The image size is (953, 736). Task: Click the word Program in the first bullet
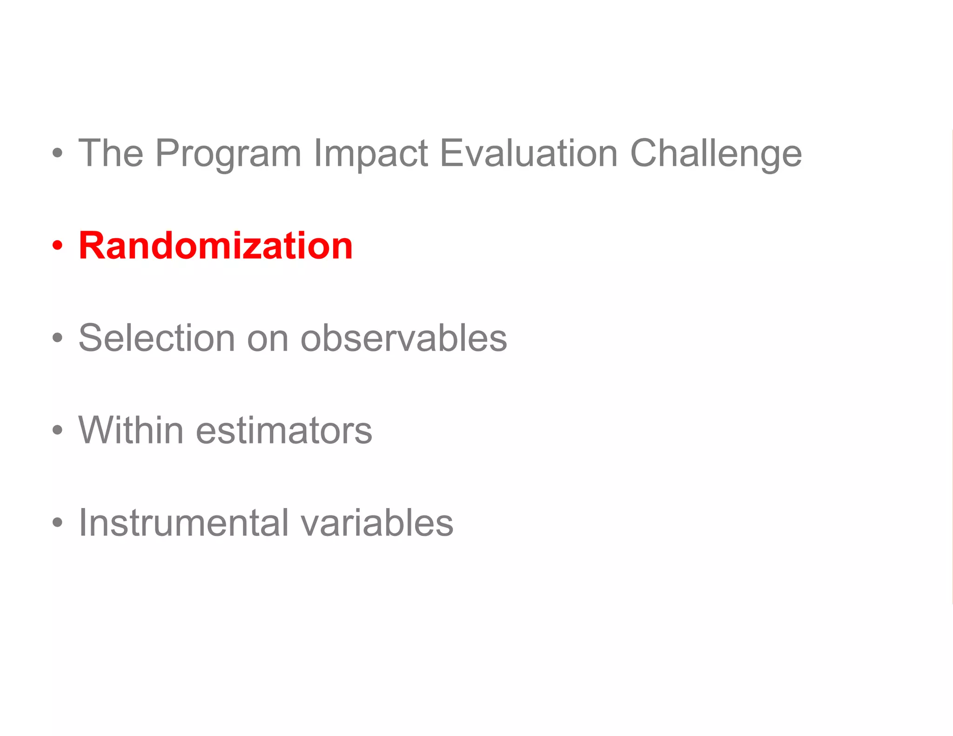click(x=228, y=154)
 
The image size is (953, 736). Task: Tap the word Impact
click(x=370, y=154)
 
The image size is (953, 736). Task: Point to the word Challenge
click(x=716, y=154)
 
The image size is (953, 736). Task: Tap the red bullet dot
click(x=57, y=245)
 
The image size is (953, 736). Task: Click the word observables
click(x=404, y=338)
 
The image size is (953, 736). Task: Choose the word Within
click(x=131, y=430)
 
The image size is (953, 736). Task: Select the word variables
click(x=377, y=522)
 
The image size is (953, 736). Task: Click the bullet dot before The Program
click(x=57, y=153)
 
